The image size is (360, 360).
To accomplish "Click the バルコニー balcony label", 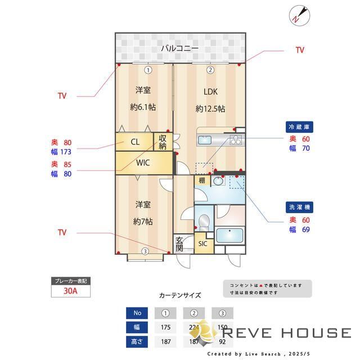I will pyautogui.click(x=179, y=48).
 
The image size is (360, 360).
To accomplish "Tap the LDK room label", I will pyautogui.click(x=210, y=92).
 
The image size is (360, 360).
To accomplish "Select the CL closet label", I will pyautogui.click(x=136, y=142).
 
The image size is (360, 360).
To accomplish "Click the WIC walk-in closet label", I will pyautogui.click(x=143, y=164).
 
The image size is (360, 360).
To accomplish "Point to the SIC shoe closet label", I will pyautogui.click(x=203, y=244).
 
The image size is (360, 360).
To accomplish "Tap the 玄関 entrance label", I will pyautogui.click(x=179, y=244).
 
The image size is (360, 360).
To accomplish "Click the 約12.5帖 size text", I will pyautogui.click(x=210, y=108).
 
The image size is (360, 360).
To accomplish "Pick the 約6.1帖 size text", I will pyautogui.click(x=143, y=107).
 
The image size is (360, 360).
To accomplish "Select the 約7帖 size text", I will pyautogui.click(x=143, y=221).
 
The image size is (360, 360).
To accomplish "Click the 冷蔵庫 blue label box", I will pyautogui.click(x=299, y=127).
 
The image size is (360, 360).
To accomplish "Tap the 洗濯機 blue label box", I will pyautogui.click(x=299, y=207).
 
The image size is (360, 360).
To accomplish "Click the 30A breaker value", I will pyautogui.click(x=70, y=291).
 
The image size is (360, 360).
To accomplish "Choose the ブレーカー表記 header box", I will pyautogui.click(x=70, y=281).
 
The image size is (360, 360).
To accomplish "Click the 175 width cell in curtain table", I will pyautogui.click(x=165, y=328).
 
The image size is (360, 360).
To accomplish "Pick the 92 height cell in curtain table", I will pyautogui.click(x=222, y=341).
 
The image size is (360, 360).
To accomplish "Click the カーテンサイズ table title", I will pyautogui.click(x=180, y=295).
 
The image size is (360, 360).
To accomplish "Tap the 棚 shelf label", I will pyautogui.click(x=202, y=181).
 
